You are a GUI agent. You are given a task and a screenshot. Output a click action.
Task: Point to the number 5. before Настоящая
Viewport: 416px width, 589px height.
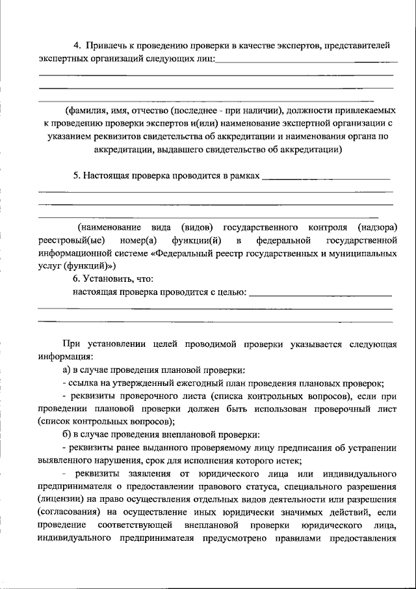coord(77,176)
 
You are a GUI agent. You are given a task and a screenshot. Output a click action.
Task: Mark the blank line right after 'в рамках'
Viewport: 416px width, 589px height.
coord(325,177)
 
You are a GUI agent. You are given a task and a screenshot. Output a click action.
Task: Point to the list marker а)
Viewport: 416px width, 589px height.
coord(67,369)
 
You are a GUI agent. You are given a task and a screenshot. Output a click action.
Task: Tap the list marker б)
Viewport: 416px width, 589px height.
coord(67,434)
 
